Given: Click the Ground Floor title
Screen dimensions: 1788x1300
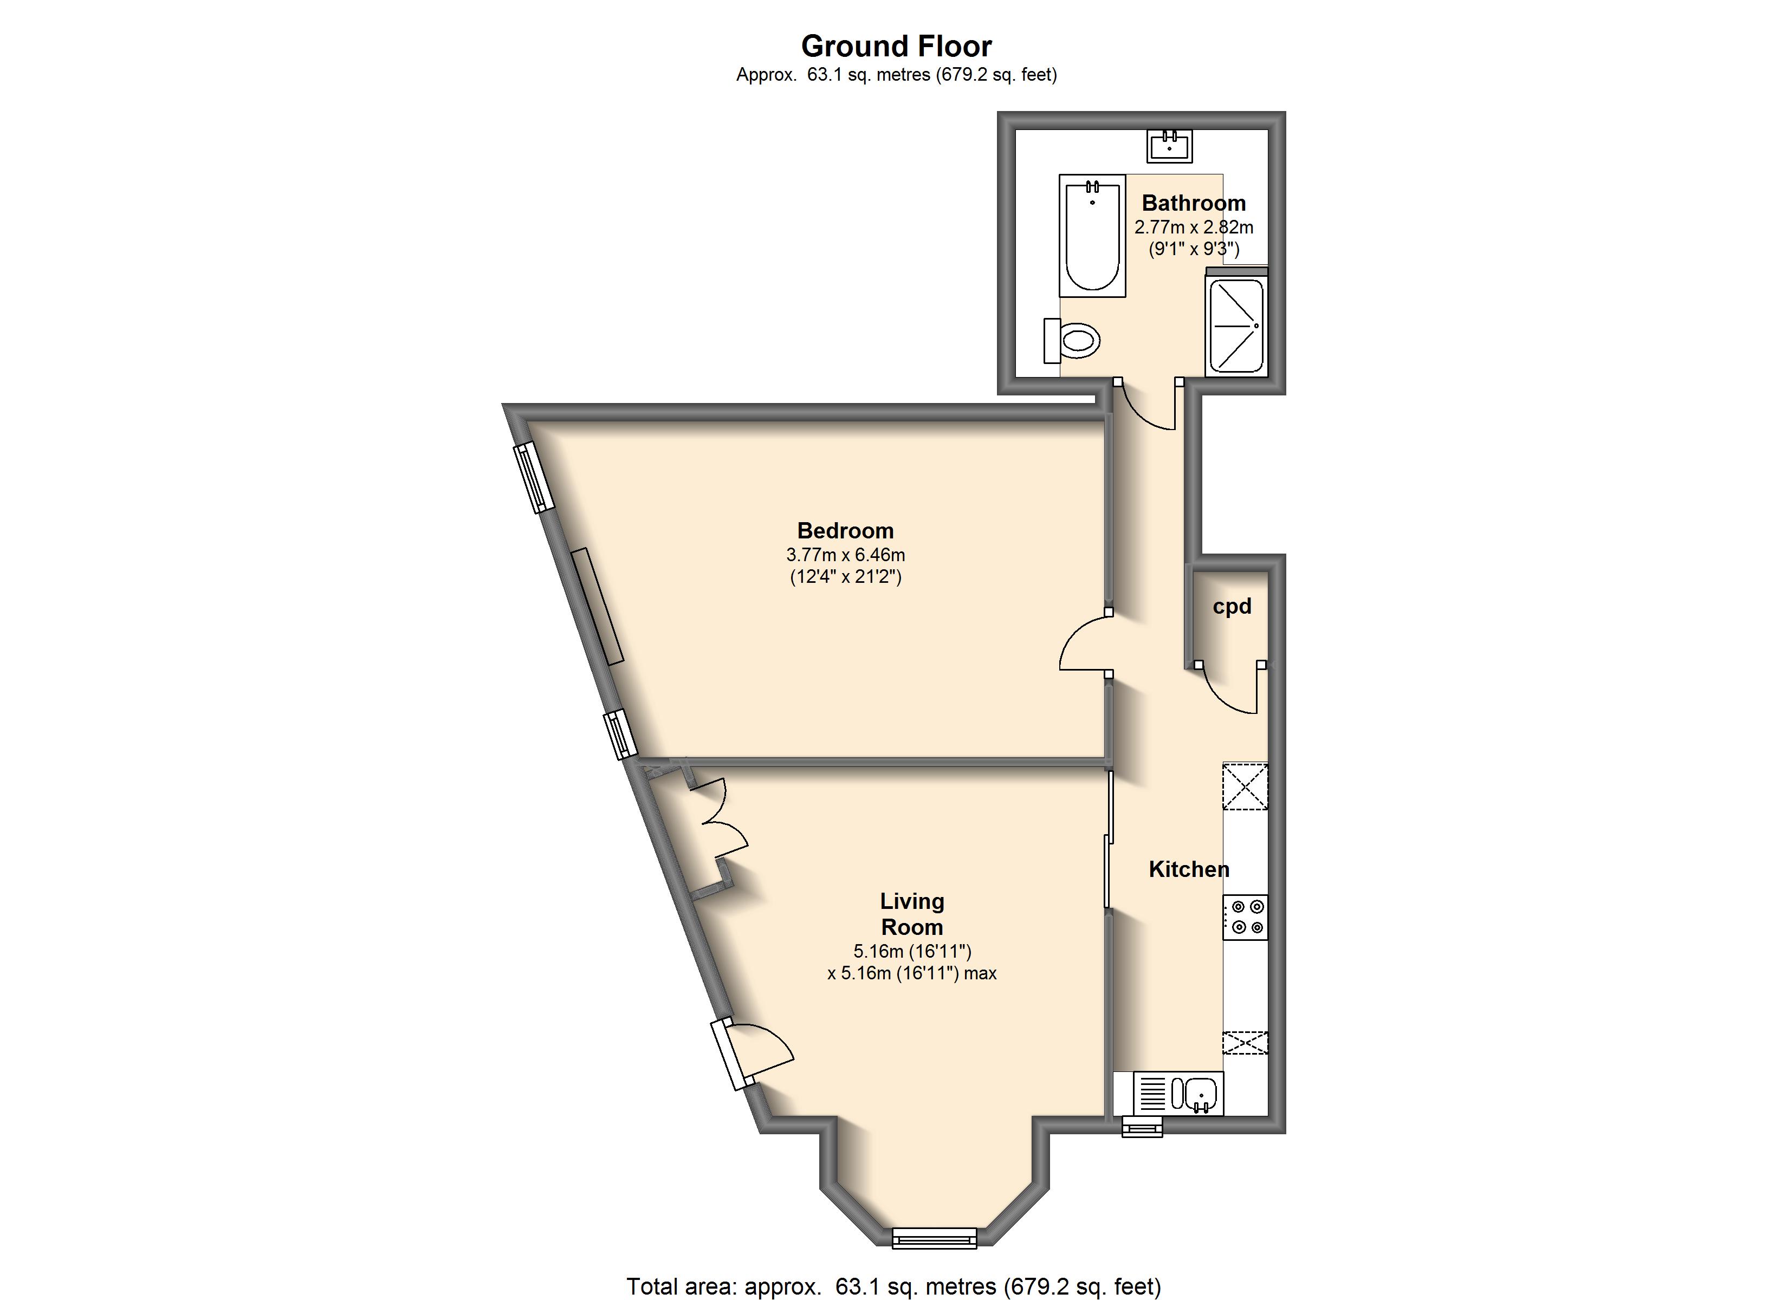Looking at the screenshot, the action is coord(896,47).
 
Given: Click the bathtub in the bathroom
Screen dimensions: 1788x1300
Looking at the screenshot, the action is coord(1092,236).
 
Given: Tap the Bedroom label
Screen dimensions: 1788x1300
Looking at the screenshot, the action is coord(845,531).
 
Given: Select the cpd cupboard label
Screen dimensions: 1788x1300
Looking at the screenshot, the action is coord(1232,606).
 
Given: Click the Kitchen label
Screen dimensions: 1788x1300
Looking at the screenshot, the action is coord(1189,869).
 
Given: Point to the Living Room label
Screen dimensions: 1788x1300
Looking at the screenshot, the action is coord(912,914).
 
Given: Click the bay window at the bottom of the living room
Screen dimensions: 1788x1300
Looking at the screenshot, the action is coord(934,1238).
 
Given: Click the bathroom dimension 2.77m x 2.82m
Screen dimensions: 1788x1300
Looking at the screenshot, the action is coord(1194,227).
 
